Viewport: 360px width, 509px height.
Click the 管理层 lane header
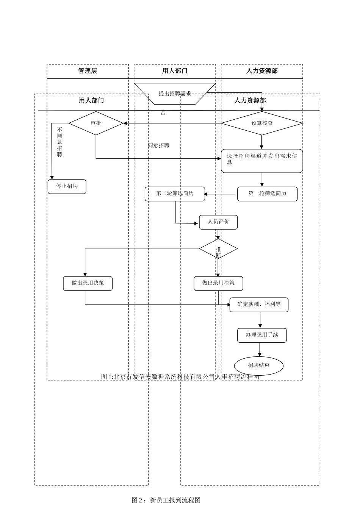tap(88, 71)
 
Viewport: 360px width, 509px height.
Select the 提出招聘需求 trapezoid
tap(175, 93)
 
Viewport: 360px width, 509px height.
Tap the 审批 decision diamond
tap(96, 123)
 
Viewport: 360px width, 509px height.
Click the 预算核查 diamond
tap(262, 123)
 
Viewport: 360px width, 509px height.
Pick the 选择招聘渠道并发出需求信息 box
tap(262, 161)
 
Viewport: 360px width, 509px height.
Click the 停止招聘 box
tap(67, 186)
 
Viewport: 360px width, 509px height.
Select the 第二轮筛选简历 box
tap(175, 194)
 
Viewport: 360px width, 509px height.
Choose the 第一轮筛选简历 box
tap(267, 194)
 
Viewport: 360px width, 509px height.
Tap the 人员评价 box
tap(218, 222)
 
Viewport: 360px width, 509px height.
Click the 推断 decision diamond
tap(218, 249)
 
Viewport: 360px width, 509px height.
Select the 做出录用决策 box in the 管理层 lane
tap(88, 283)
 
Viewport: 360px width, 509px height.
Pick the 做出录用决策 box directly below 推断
tap(218, 283)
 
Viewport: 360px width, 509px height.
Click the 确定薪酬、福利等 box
tap(259, 304)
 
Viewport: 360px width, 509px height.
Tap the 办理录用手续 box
tap(262, 335)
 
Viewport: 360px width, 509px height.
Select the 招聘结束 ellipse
tap(259, 365)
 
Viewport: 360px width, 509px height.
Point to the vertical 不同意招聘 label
tap(59, 142)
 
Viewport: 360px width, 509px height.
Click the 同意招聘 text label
tap(159, 145)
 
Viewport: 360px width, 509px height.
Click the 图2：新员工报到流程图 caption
tap(166, 500)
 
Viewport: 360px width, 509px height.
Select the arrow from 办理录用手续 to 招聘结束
tap(260, 350)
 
